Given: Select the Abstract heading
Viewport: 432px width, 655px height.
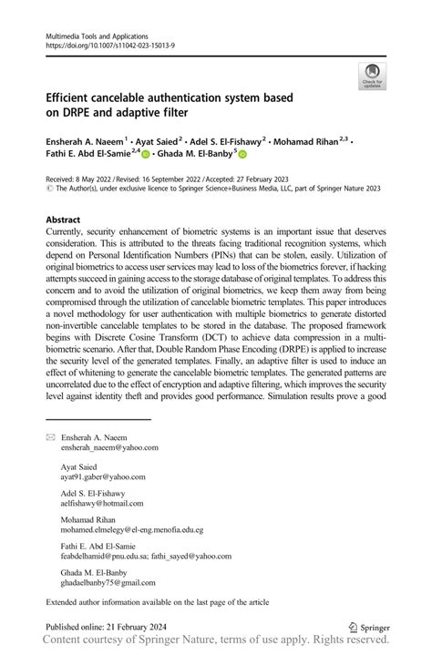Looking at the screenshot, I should pos(63,220).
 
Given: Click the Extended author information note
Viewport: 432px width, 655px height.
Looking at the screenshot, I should pos(157,602).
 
